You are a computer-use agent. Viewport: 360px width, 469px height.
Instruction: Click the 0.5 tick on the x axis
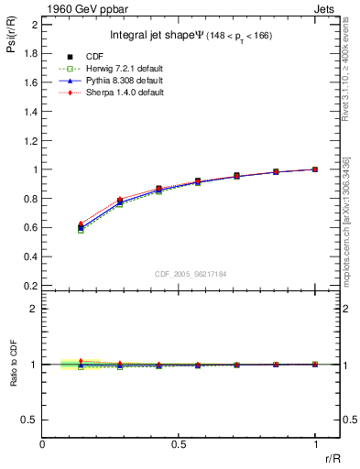tap(179, 444)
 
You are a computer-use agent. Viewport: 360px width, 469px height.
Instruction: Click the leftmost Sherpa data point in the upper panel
tap(81, 224)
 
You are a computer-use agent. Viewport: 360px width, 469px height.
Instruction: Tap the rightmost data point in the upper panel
tap(315, 169)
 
